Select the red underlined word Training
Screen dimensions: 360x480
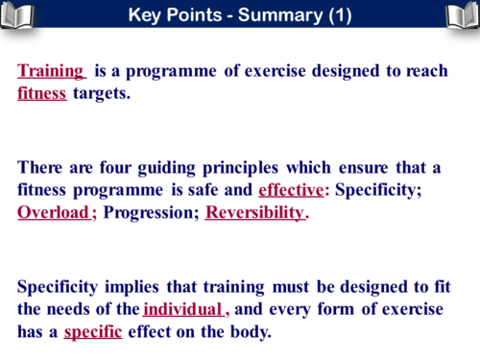52,72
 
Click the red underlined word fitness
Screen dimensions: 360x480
42,94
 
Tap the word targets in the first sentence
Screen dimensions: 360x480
101,94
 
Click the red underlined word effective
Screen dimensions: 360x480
291,190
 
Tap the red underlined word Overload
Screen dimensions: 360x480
54,212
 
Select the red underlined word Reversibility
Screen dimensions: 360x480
254,212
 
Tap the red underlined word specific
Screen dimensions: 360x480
94,331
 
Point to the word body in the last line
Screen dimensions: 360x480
250,331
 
